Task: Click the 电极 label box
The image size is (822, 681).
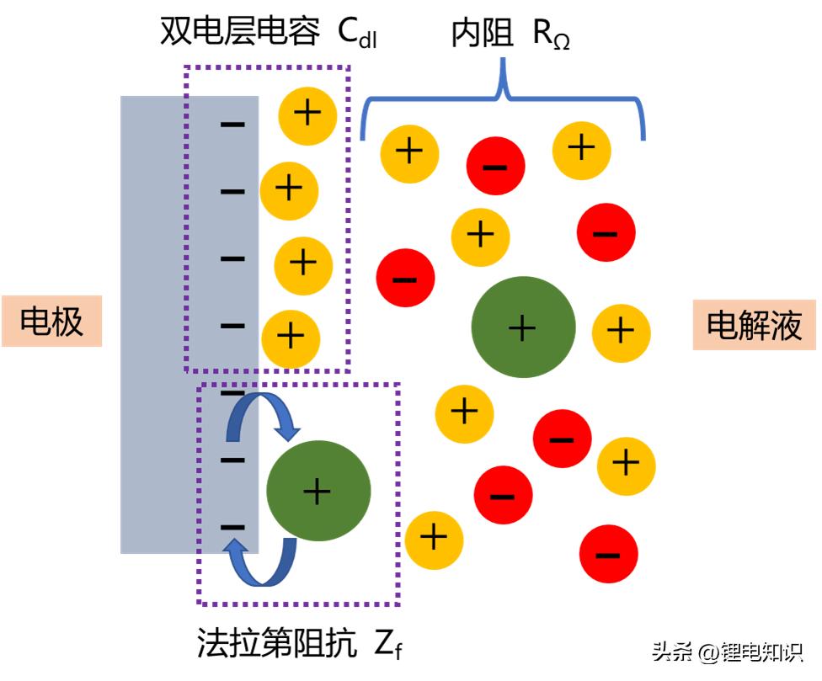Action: [51, 321]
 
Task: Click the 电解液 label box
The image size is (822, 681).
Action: [754, 324]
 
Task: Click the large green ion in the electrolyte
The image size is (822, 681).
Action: [523, 327]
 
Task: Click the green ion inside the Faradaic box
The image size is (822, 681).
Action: [318, 490]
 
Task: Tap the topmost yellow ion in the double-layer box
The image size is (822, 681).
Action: [307, 113]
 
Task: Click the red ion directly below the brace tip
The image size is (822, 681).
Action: [495, 166]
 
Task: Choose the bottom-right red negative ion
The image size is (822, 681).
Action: [607, 554]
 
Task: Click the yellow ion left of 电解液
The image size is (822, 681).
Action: [622, 330]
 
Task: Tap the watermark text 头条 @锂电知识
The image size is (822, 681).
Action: [727, 652]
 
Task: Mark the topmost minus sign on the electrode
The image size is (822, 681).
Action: [232, 125]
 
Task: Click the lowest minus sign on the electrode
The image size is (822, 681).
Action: [232, 527]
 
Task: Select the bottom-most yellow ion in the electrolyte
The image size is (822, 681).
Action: [434, 538]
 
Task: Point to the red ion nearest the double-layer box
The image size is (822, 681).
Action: [405, 279]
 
